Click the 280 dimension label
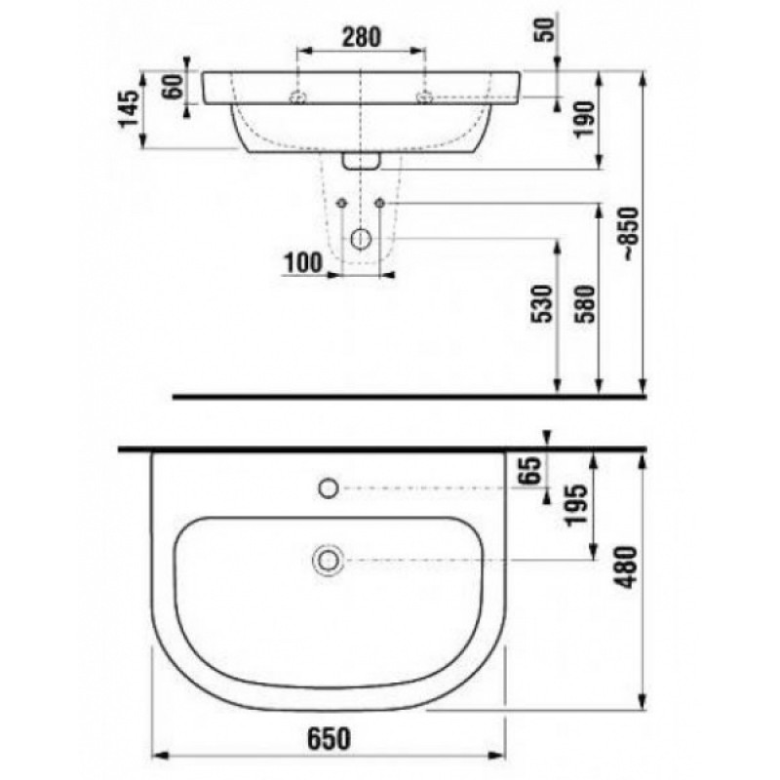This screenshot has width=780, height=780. pyautogui.click(x=361, y=37)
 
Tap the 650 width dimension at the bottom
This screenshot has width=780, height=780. pyautogui.click(x=329, y=738)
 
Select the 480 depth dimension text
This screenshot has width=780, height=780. pyautogui.click(x=626, y=566)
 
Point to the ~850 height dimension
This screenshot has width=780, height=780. pyautogui.click(x=629, y=234)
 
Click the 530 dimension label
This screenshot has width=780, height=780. pyautogui.click(x=542, y=303)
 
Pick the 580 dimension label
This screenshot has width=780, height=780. pyautogui.click(x=584, y=303)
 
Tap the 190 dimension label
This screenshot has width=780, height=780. pyautogui.click(x=584, y=119)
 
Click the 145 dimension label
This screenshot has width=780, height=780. pyautogui.click(x=129, y=108)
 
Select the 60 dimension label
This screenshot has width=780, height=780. pyautogui.click(x=174, y=87)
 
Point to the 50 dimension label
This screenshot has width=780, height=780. pyautogui.click(x=546, y=29)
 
